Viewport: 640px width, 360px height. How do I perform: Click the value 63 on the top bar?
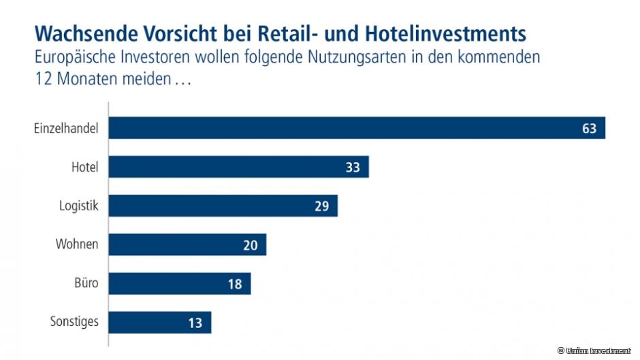589,128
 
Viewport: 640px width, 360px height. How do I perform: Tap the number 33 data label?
353,167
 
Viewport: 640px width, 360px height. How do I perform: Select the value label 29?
321,206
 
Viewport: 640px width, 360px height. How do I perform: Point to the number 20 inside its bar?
251,245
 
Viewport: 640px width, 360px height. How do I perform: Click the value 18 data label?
235,284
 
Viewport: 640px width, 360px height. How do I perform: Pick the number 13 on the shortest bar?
195,323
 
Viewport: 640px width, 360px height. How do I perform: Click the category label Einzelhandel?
66,128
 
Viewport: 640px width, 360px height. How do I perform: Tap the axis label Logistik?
79,206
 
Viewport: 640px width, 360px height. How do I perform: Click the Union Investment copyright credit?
593,350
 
